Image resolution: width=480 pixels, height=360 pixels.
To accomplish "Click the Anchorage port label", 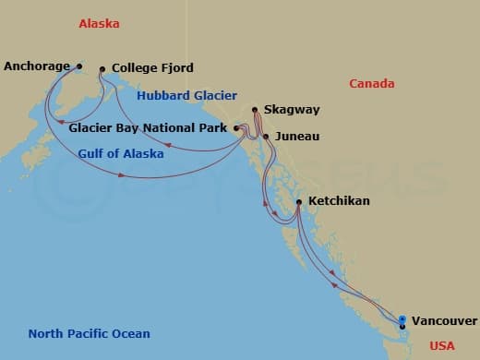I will coord(38,66).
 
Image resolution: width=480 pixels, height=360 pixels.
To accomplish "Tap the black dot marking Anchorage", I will coord(79,66).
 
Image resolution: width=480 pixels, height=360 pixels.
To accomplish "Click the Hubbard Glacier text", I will coord(186,95).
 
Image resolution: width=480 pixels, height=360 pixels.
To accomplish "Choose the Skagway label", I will coord(292,110).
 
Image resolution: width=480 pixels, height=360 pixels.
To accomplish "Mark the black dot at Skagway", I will coord(255,110).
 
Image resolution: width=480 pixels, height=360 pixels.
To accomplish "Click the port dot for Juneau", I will coord(266,137).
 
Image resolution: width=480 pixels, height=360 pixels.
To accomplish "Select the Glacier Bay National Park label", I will coord(150,128).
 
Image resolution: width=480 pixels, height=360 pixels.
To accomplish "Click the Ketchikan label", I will coord(341,200).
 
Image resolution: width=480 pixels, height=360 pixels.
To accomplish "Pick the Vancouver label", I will coord(444,321).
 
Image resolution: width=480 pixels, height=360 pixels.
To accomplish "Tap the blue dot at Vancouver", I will coord(402,319).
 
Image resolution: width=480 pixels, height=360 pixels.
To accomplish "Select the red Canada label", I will coord(372,84).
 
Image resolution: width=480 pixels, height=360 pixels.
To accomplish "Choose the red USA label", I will coord(443,346).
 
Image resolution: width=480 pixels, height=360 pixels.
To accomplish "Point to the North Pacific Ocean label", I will coord(89,334).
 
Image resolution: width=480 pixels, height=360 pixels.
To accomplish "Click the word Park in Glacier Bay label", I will coord(217,128).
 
